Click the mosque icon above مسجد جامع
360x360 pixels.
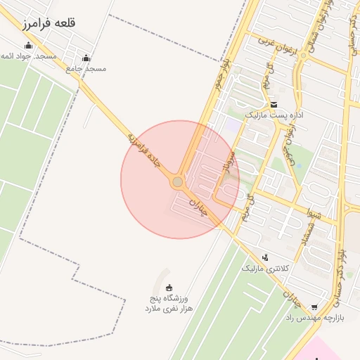pyautogui.click(x=86, y=58)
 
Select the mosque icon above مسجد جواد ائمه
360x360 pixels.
pyautogui.click(x=28, y=46)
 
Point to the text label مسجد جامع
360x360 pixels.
pyautogui.click(x=86, y=69)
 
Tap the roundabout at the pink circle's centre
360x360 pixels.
pyautogui.click(x=178, y=182)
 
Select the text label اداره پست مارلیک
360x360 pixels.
pyautogui.click(x=272, y=114)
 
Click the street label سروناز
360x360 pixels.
pyautogui.click(x=228, y=162)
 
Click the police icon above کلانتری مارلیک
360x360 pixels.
pyautogui.click(x=264, y=257)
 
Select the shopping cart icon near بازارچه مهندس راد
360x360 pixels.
pyautogui.click(x=314, y=307)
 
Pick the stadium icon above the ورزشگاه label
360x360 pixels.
pyautogui.click(x=169, y=287)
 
